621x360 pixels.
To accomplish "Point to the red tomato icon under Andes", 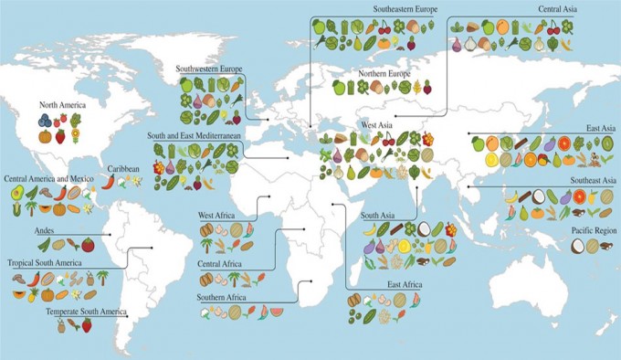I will [88, 244].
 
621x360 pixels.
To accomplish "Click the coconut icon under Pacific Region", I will [577, 245].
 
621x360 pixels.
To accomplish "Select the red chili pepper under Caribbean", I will [108, 181].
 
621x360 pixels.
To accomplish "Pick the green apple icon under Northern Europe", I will [338, 87].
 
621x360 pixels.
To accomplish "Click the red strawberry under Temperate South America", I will [87, 324].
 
